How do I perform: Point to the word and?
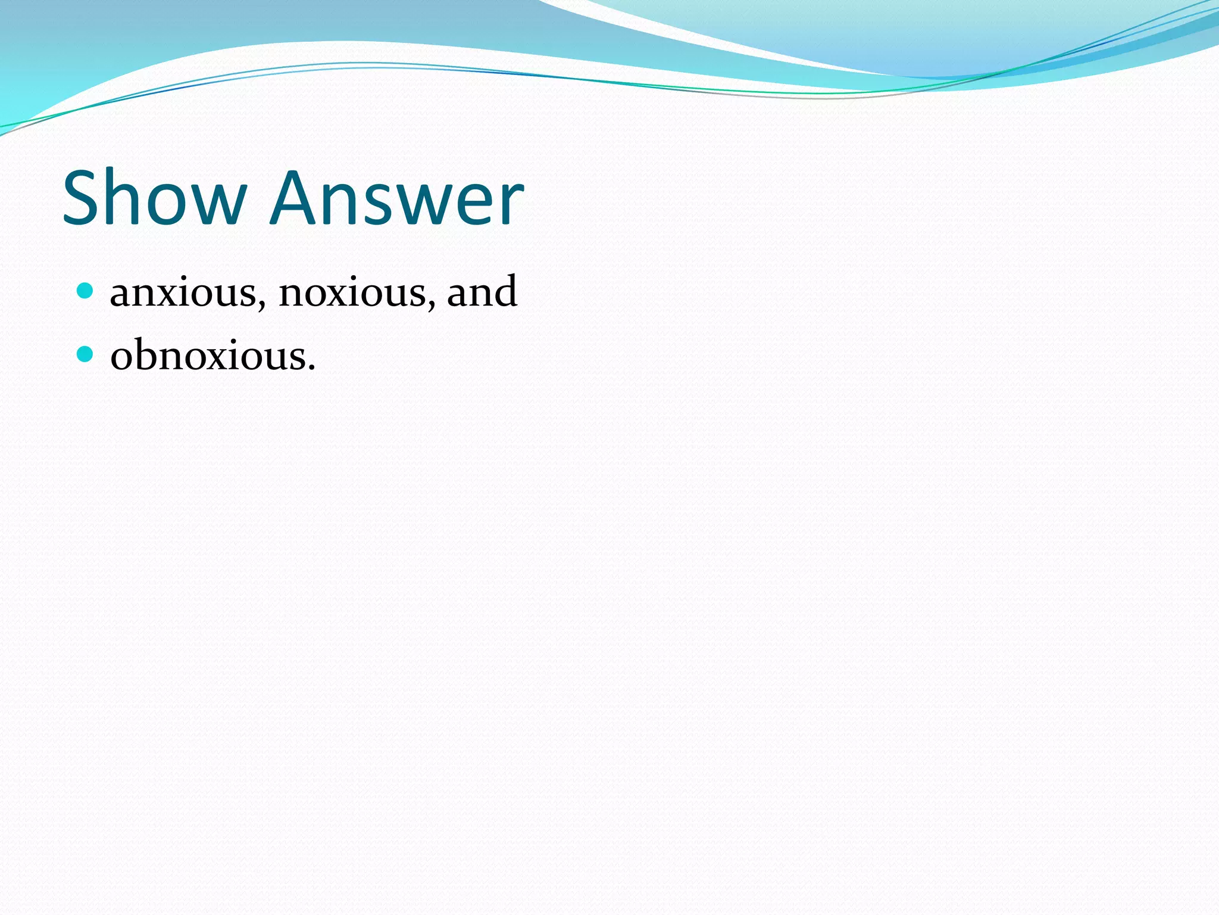click(482, 291)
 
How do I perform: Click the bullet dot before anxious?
click(86, 291)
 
